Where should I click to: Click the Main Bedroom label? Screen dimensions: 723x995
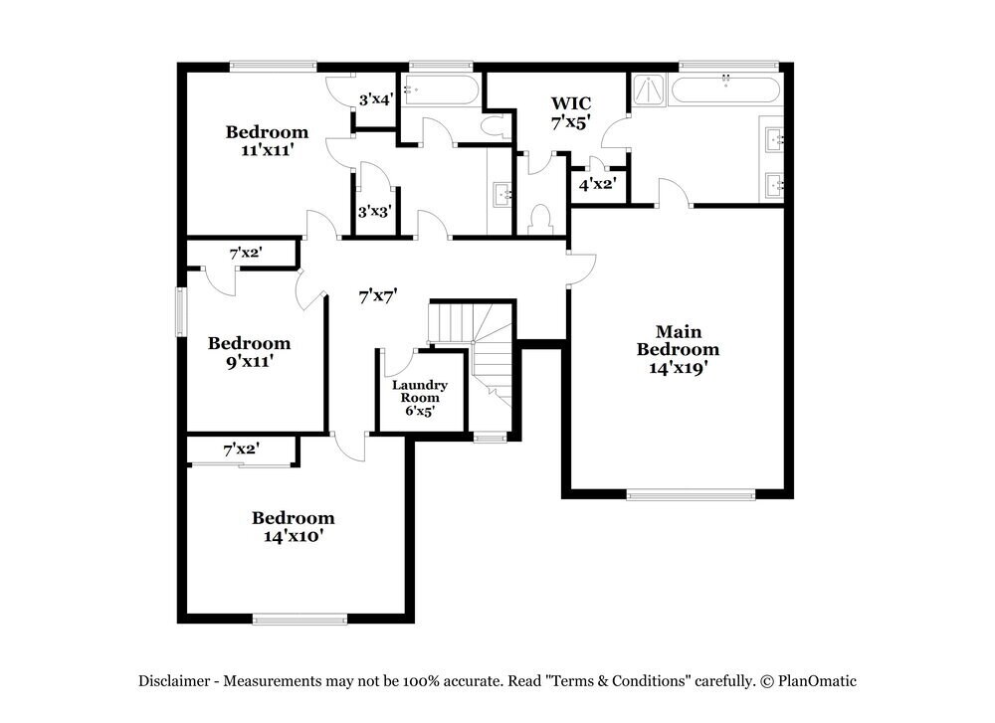point(678,340)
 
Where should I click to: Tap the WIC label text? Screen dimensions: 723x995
point(571,102)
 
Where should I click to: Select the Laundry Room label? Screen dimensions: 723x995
point(419,391)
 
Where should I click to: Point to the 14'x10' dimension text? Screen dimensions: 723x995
point(293,536)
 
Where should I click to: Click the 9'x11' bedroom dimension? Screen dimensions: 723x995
point(249,362)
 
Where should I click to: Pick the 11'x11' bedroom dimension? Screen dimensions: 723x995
point(267,150)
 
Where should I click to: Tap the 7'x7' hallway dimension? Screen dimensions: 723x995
point(378,295)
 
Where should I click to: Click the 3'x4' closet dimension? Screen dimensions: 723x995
point(376,99)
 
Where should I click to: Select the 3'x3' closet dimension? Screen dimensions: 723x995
point(375,211)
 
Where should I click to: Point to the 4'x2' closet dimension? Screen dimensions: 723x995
point(597,183)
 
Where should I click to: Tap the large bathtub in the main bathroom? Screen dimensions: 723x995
point(725,90)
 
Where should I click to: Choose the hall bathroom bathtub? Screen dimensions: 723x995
point(441,90)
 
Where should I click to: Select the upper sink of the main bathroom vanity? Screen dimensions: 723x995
point(774,139)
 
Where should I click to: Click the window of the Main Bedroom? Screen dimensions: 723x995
point(691,494)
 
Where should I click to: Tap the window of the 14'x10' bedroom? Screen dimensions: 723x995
point(299,619)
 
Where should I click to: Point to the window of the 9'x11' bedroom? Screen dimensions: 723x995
point(181,312)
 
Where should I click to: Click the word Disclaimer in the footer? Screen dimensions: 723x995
point(173,681)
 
